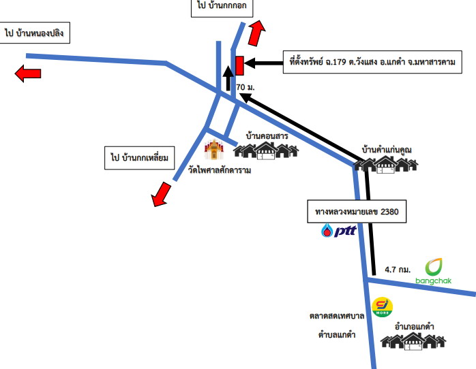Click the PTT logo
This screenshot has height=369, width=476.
338,230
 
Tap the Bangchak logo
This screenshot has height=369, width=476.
434,272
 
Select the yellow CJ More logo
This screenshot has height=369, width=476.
382,307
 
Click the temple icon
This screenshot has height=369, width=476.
214,149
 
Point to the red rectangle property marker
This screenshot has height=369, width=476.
239,65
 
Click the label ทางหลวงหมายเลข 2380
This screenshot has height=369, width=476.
357,212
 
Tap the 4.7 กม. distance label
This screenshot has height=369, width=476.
398,270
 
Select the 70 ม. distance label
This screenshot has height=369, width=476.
246,87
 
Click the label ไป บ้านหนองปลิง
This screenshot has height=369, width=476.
34,33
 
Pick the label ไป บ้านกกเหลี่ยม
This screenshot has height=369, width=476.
139,158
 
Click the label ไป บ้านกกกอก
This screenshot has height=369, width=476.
222,6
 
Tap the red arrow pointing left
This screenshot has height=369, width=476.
28,74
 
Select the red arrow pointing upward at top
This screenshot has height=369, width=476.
256,33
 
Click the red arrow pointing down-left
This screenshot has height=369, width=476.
161,194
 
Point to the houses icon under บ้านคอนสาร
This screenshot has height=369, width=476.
266,150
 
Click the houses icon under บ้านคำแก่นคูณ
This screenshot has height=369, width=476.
386,165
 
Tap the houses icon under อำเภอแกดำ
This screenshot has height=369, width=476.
413,341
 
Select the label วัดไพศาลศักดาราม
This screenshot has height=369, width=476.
220,170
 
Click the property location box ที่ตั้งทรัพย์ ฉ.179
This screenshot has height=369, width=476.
372,62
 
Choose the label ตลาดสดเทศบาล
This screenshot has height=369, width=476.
337,316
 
